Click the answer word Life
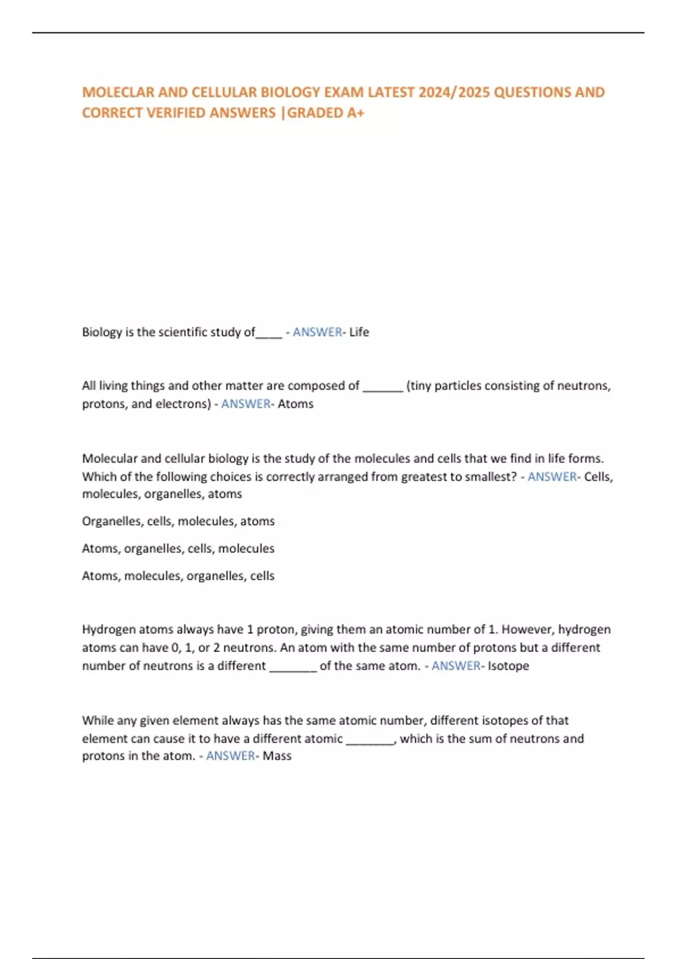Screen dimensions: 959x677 (359, 332)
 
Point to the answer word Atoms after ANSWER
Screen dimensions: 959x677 (295, 404)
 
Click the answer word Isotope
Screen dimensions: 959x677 (508, 666)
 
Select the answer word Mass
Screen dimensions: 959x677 (277, 756)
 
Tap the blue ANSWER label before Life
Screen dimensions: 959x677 (317, 332)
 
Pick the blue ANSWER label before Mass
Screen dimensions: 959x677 (230, 756)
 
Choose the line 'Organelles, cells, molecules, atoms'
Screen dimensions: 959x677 (178, 521)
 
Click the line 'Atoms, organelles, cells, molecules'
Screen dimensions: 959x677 (178, 548)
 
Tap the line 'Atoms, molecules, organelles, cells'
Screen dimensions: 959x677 (178, 576)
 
